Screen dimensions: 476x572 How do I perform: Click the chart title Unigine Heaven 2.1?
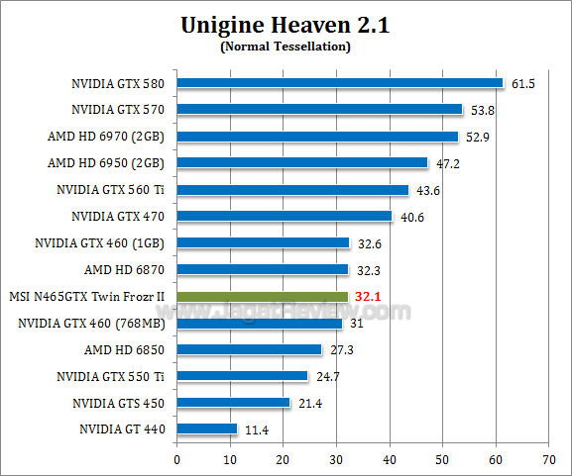286,26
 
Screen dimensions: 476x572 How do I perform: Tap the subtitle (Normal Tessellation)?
286,47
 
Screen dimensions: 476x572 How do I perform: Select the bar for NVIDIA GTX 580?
340,83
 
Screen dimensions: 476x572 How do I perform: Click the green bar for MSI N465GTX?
263,296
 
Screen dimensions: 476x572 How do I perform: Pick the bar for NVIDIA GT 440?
207,429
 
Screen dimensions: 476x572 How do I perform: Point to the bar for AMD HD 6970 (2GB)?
317,137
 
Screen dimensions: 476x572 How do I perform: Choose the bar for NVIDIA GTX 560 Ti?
292,190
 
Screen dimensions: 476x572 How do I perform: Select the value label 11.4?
256,430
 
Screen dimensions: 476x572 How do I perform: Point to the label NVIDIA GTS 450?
118,403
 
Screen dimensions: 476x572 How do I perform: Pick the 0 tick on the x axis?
176,459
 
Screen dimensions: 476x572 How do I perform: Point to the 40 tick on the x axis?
390,459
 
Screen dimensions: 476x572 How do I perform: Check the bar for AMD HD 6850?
250,349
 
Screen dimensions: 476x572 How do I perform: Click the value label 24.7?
326,377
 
